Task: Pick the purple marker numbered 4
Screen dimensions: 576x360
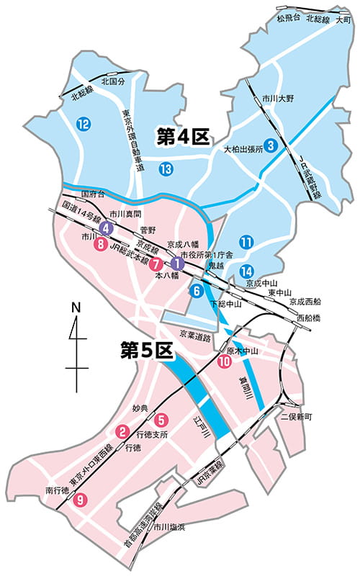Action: point(106,228)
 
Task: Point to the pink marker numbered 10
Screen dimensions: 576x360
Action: point(223,362)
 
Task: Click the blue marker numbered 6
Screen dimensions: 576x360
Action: point(194,292)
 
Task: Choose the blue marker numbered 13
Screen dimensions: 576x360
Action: point(166,169)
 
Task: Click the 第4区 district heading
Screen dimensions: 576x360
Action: point(184,135)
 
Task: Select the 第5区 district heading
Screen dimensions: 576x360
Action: point(148,351)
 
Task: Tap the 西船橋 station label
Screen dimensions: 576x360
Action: point(310,317)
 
